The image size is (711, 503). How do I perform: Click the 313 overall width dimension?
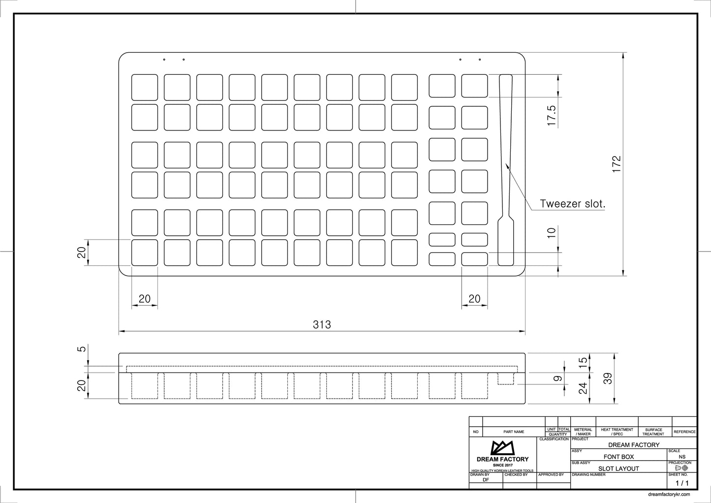pyautogui.click(x=322, y=324)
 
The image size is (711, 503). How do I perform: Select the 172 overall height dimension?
pyautogui.click(x=617, y=164)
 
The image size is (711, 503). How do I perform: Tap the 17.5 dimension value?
pyautogui.click(x=552, y=116)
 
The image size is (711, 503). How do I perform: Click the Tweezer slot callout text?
pyautogui.click(x=573, y=204)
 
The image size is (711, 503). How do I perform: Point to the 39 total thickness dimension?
pyautogui.click(x=608, y=378)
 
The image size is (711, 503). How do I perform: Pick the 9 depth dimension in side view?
pyautogui.click(x=557, y=378)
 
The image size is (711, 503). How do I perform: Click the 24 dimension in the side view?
pyautogui.click(x=583, y=388)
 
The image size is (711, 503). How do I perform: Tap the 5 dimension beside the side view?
pyautogui.click(x=82, y=348)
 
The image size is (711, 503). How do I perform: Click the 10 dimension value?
pyautogui.click(x=552, y=233)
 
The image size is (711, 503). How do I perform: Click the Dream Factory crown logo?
pyautogui.click(x=502, y=448)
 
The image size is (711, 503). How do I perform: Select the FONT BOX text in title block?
pyautogui.click(x=618, y=457)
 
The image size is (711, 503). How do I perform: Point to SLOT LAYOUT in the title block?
pyautogui.click(x=618, y=469)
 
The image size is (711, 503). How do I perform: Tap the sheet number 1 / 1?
pyautogui.click(x=682, y=483)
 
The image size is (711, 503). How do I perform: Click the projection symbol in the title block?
pyautogui.click(x=681, y=468)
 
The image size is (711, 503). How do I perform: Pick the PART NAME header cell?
pyautogui.click(x=514, y=432)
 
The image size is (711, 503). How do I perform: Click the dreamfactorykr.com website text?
pyautogui.click(x=669, y=495)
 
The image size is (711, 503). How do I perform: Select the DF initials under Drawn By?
pyautogui.click(x=486, y=480)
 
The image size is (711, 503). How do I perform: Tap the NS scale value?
pyautogui.click(x=682, y=457)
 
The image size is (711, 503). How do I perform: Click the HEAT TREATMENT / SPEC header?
pyautogui.click(x=617, y=432)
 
